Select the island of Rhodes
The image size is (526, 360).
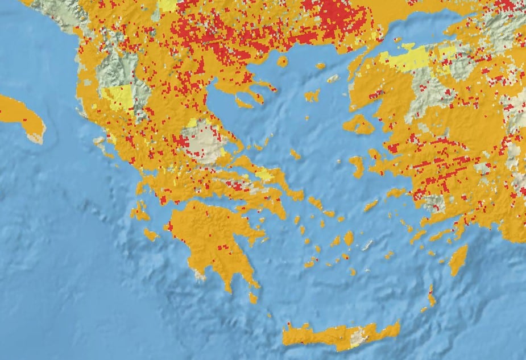(x=458, y=260)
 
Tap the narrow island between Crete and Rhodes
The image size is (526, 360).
(x=431, y=296)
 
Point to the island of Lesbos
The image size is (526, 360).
(x=358, y=124)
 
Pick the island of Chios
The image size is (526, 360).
(x=357, y=165)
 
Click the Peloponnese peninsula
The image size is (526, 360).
(x=210, y=239)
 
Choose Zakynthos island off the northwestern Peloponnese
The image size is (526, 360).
(x=151, y=234)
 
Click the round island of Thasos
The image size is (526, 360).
(x=282, y=61)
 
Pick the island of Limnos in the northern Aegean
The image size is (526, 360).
(x=312, y=96)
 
